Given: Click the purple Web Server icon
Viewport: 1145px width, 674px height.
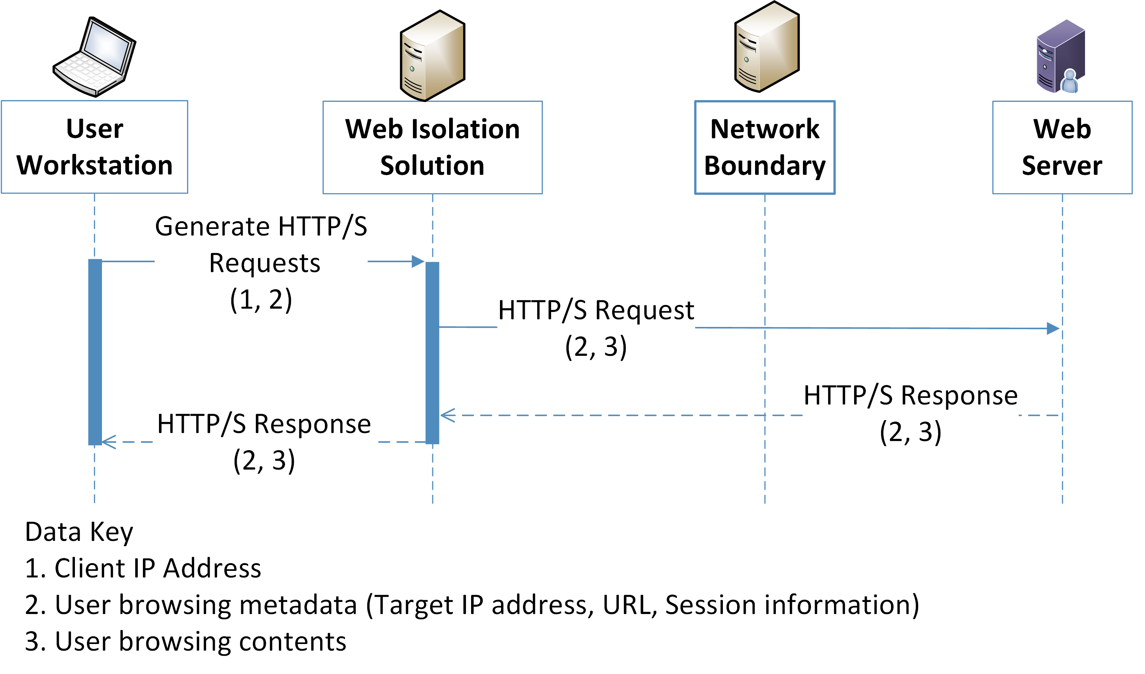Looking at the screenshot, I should [x=1061, y=57].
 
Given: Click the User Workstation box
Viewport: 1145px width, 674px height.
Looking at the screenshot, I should [x=95, y=147].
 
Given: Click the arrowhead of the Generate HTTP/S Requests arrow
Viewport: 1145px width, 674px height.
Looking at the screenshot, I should [x=418, y=261].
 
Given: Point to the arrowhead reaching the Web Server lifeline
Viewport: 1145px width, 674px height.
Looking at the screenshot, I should [x=1053, y=328].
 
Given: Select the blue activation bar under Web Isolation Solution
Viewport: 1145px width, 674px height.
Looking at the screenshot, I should [x=432, y=353].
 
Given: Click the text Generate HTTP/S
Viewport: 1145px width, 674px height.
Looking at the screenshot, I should [x=261, y=226].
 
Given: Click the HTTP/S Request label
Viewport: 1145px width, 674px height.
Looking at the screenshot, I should [x=596, y=310].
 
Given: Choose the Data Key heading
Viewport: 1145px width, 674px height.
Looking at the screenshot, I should [x=79, y=532].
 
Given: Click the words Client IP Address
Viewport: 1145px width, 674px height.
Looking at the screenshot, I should [x=157, y=568].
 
